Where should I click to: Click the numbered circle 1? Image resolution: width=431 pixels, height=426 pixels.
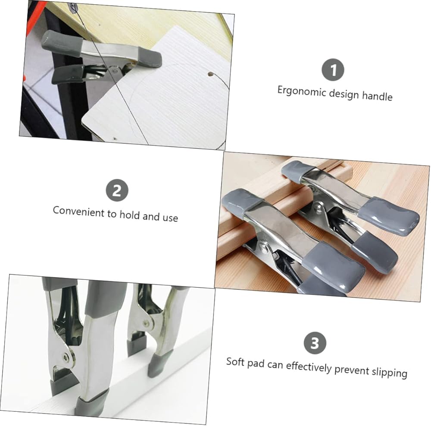click(x=333, y=70)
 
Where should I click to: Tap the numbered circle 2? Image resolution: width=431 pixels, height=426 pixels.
click(x=117, y=190)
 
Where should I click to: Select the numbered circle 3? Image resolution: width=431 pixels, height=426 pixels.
click(x=315, y=343)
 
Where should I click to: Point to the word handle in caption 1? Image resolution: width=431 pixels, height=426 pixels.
click(x=377, y=96)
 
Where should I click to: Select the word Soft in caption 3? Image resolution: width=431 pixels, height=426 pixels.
click(x=235, y=362)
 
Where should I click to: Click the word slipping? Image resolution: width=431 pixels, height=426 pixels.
click(x=389, y=373)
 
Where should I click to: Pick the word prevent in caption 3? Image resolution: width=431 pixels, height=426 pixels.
click(x=352, y=370)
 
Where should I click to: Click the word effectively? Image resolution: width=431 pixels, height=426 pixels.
click(x=309, y=367)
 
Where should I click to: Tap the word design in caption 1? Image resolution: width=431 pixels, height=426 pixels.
click(x=344, y=94)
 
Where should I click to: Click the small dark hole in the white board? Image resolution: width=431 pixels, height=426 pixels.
click(x=211, y=74)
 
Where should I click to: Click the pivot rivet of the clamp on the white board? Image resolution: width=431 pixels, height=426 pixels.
click(x=115, y=71)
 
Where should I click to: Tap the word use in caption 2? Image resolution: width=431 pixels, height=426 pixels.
click(x=170, y=218)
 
